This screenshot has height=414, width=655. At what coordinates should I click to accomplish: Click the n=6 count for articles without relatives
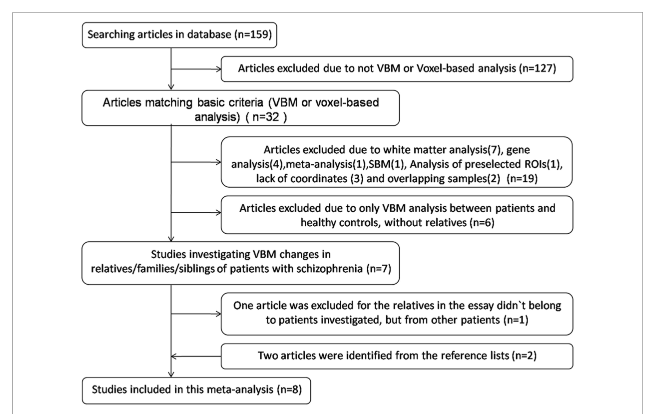pyautogui.click(x=482, y=223)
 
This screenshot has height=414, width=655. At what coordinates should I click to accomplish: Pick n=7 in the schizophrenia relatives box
pyautogui.click(x=379, y=269)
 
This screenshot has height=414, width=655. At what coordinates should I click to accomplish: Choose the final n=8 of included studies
pyautogui.click(x=289, y=390)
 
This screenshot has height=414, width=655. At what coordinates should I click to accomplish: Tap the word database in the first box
pyautogui.click(x=209, y=34)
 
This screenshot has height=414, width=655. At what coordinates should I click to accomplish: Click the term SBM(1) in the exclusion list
pyautogui.click(x=387, y=164)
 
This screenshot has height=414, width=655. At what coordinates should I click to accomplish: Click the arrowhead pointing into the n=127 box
pyautogui.click(x=218, y=69)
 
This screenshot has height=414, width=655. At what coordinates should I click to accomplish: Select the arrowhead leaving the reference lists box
pyautogui.click(x=174, y=357)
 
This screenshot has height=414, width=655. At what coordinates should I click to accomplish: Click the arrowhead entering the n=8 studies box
pyautogui.click(x=171, y=375)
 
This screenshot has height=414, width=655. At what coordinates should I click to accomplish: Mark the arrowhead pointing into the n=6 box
pyautogui.click(x=218, y=213)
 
